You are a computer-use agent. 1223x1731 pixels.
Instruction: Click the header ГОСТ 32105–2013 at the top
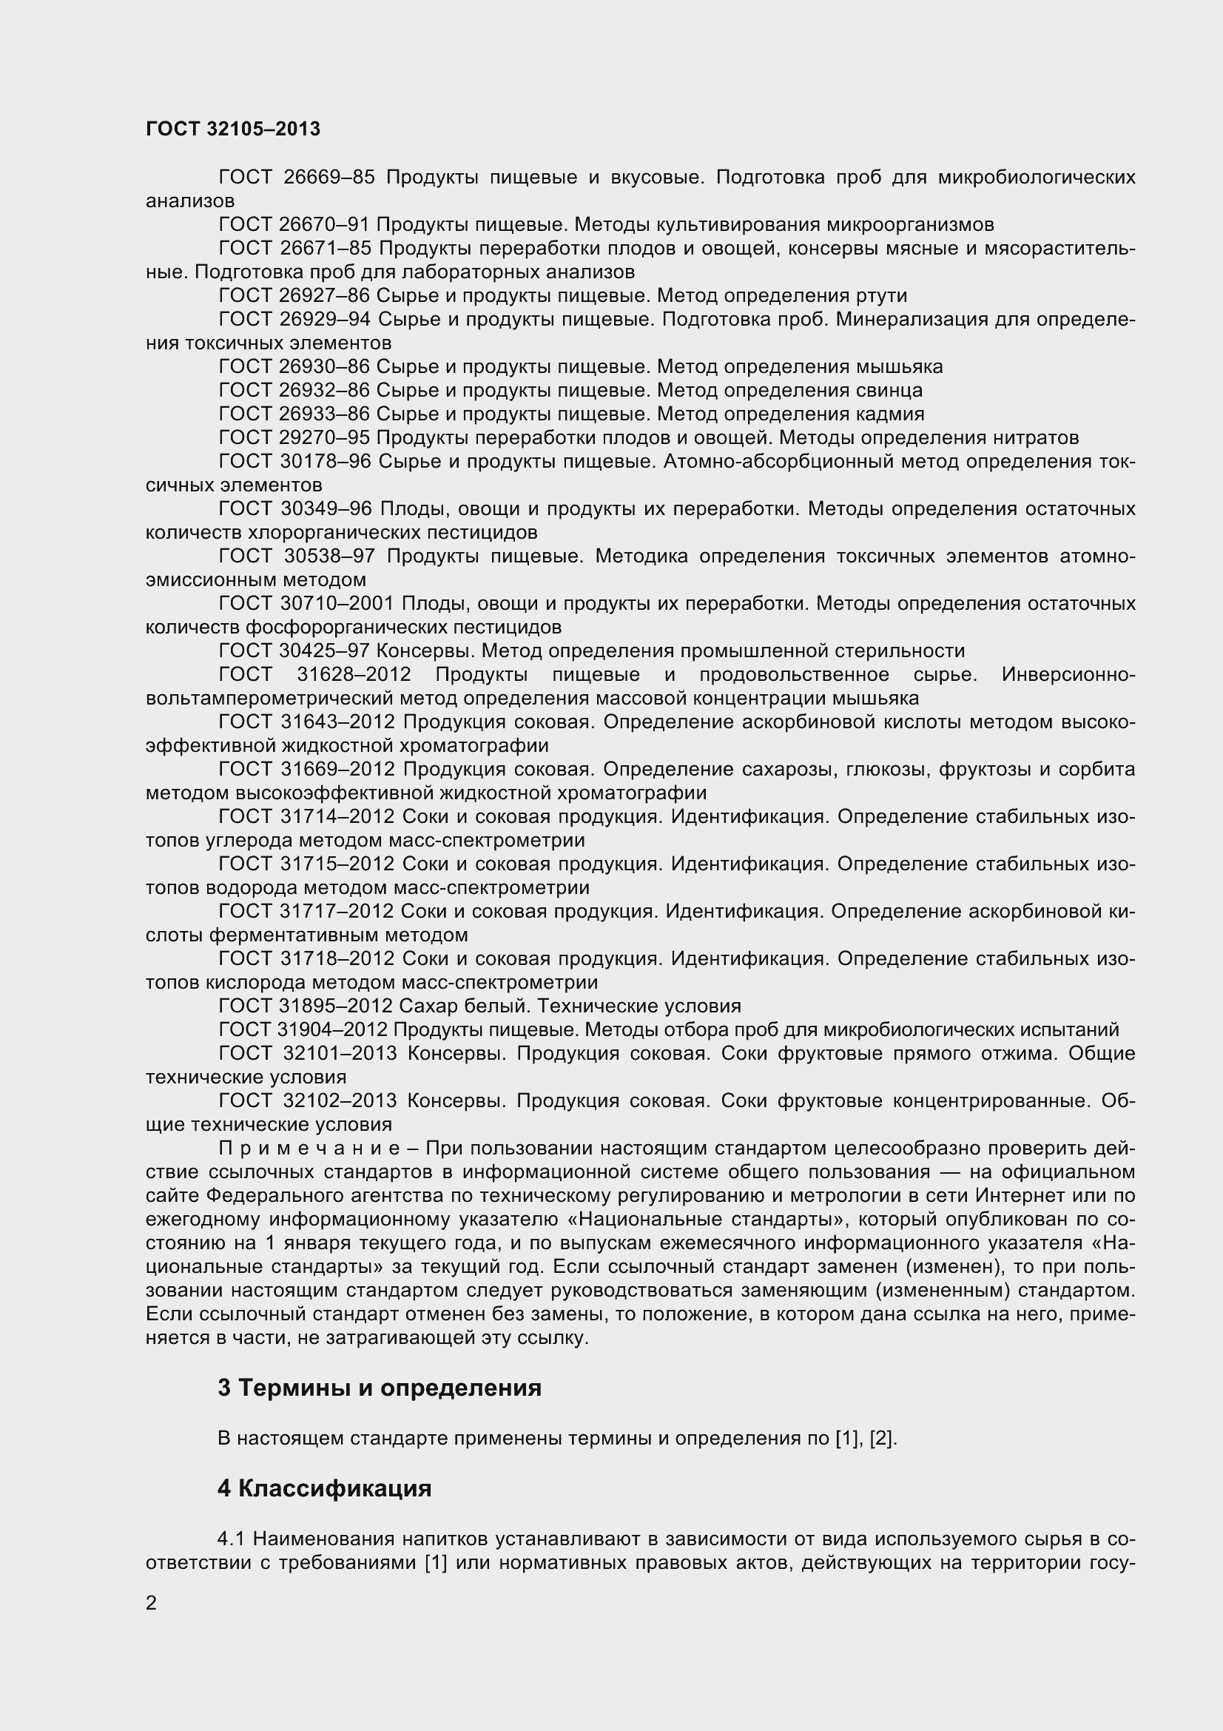point(233,130)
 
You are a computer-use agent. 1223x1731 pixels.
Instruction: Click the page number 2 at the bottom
point(152,1602)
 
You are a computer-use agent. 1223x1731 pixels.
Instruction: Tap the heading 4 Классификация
point(324,1488)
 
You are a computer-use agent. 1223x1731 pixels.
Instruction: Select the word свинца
point(889,391)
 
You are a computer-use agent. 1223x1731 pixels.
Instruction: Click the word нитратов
point(1034,438)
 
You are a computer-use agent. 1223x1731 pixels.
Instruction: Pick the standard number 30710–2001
point(337,604)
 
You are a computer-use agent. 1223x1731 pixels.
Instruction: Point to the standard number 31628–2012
point(354,675)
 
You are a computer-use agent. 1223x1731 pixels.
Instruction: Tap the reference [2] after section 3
point(882,1439)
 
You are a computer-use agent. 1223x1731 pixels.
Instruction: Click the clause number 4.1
point(231,1538)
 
